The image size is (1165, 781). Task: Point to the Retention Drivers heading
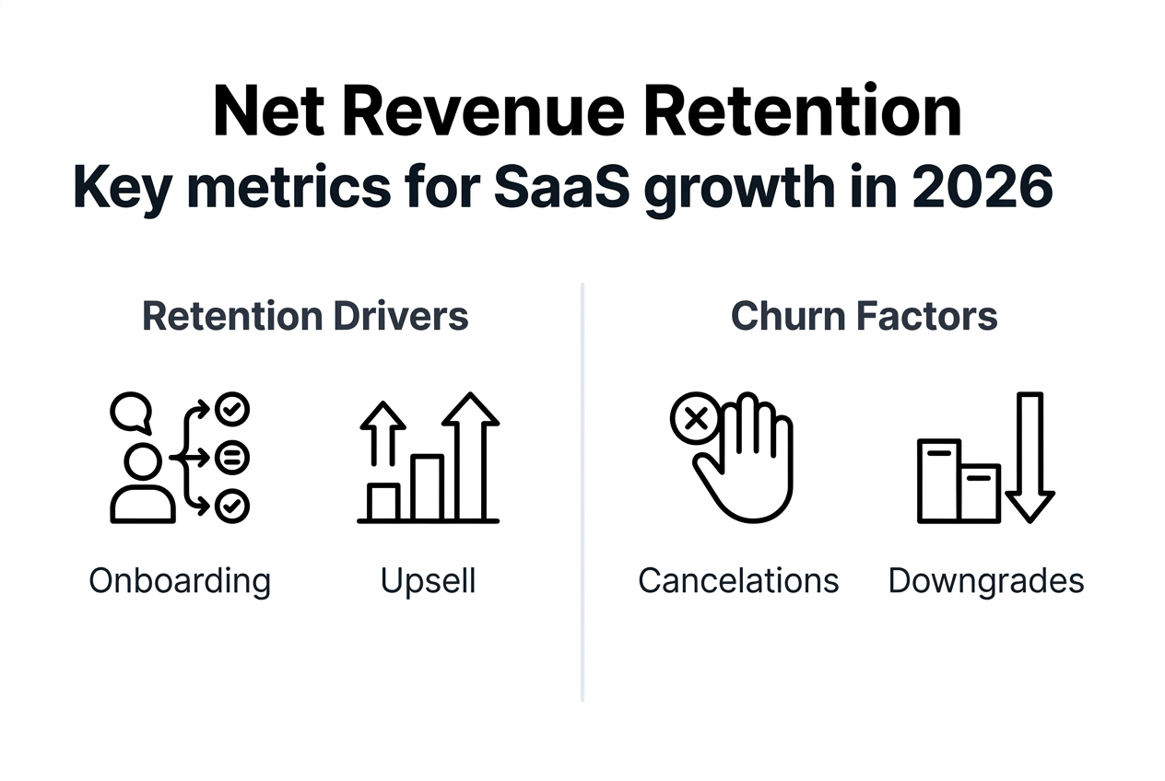tap(305, 316)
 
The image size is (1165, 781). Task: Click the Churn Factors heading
tap(864, 316)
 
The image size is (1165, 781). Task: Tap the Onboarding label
tap(180, 581)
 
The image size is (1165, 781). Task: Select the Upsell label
tap(428, 581)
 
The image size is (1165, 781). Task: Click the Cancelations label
tap(738, 581)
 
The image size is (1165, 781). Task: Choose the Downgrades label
tap(985, 581)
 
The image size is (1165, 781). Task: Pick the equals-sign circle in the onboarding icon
tap(231, 457)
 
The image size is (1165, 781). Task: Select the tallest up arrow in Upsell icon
tap(470, 456)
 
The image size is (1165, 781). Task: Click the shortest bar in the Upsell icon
tap(382, 503)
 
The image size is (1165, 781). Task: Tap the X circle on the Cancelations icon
tap(697, 419)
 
